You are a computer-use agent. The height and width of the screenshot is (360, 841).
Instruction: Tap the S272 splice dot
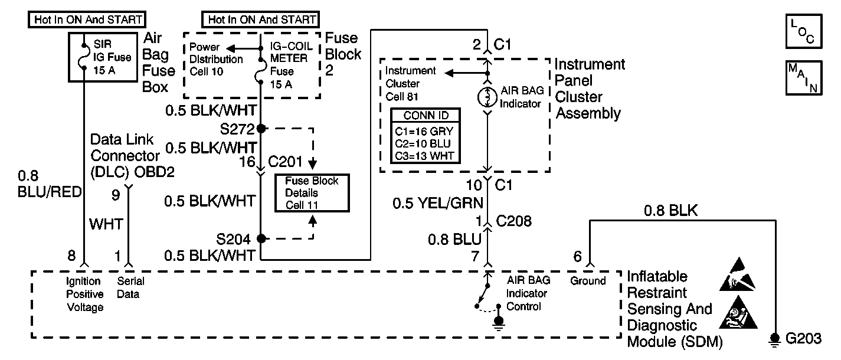(x=260, y=128)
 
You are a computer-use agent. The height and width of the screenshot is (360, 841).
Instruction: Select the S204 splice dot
(x=260, y=239)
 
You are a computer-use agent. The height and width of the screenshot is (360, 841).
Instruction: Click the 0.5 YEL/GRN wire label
(x=439, y=204)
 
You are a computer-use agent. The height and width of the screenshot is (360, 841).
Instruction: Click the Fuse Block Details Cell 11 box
(x=312, y=193)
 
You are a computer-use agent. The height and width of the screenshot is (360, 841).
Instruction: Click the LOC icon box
(x=803, y=32)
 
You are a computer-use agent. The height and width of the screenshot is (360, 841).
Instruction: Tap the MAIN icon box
(x=803, y=77)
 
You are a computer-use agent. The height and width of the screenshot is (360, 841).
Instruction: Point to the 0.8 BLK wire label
(x=670, y=211)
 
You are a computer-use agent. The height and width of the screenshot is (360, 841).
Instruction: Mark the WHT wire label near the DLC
(x=106, y=224)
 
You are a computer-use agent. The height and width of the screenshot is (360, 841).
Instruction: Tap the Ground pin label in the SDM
(x=588, y=281)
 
